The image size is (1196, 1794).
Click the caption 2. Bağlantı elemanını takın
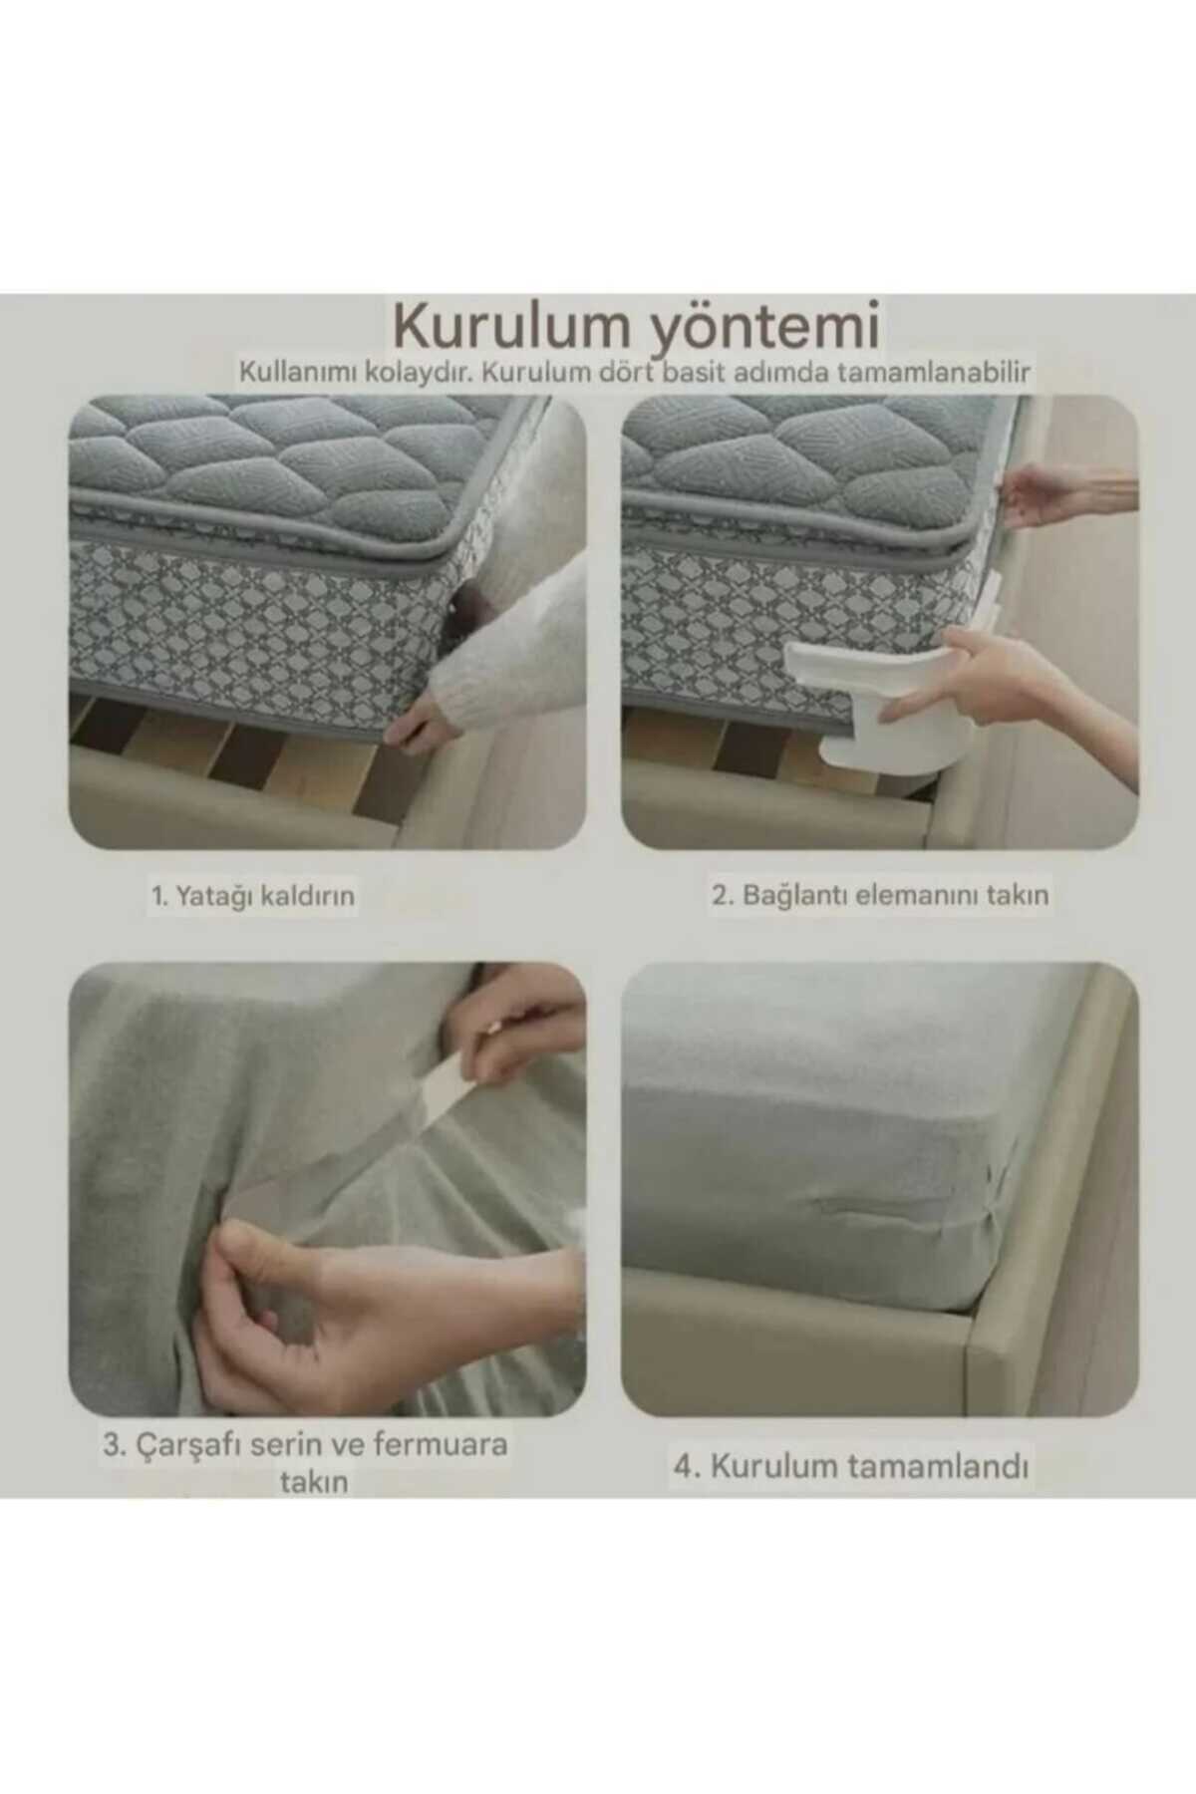pyautogui.click(x=880, y=895)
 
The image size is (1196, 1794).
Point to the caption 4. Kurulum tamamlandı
pyautogui.click(x=850, y=1467)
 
